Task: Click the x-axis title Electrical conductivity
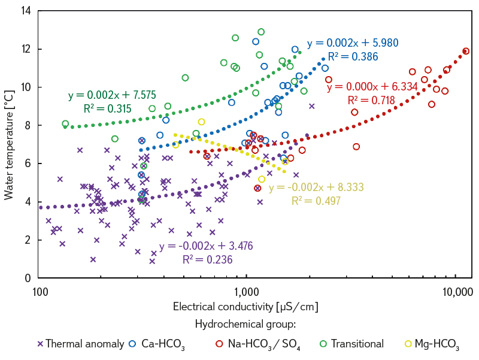[245, 307]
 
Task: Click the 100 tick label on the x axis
[39, 292]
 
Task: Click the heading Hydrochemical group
[245, 324]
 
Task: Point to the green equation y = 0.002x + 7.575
[107, 95]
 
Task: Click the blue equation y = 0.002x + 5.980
[352, 44]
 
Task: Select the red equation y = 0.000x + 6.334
[372, 87]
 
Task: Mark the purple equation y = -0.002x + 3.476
[205, 246]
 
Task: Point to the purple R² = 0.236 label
[207, 259]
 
